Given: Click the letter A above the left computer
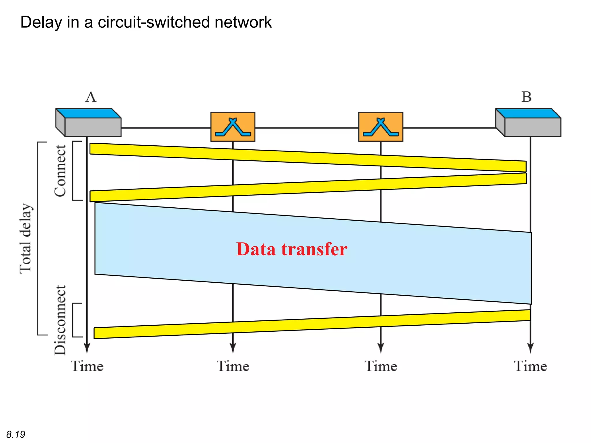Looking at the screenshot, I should tap(91, 97).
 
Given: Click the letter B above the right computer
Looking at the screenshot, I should tap(526, 97).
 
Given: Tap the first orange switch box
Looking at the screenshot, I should tap(233, 127).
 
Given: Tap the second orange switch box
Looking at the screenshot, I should tap(380, 127).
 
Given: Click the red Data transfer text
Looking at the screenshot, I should tap(291, 249).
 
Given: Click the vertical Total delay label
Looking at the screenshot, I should tap(25, 238).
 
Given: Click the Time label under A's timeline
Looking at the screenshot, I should tap(87, 366).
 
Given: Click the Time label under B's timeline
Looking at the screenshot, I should tap(530, 366).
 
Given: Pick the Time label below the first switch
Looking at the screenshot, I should tap(233, 366).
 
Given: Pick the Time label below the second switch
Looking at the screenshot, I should tap(381, 366).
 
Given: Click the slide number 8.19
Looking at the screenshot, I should tap(16, 434).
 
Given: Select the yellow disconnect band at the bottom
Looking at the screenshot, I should tap(312, 324).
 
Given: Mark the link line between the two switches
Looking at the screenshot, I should tap(306, 128).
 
